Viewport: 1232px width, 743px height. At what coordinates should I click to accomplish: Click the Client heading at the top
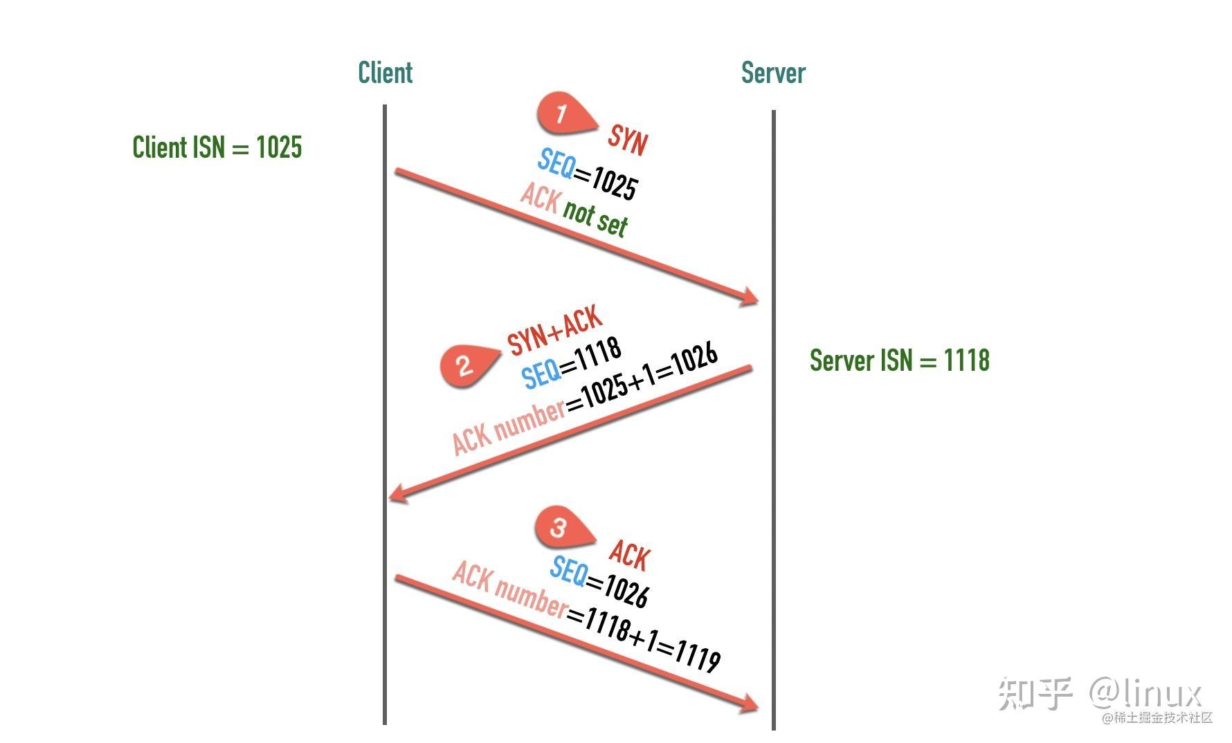coord(385,73)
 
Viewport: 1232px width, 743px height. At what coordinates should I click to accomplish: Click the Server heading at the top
coord(773,73)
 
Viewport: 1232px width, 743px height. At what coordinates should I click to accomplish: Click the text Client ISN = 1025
coord(217,147)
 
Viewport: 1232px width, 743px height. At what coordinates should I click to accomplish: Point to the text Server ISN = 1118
coord(900,360)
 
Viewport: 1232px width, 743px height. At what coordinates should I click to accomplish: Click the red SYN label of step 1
coord(628,140)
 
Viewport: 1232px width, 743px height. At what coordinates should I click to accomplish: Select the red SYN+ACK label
coord(554,330)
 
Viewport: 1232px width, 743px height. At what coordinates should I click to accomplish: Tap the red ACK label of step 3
coord(630,556)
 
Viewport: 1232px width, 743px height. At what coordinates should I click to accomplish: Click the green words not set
coord(595,217)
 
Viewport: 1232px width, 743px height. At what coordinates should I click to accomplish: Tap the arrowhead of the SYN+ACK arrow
coord(397,493)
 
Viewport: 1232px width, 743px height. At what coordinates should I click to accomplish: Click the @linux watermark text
coord(1146,692)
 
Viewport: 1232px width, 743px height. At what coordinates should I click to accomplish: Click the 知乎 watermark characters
coord(1035,693)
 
